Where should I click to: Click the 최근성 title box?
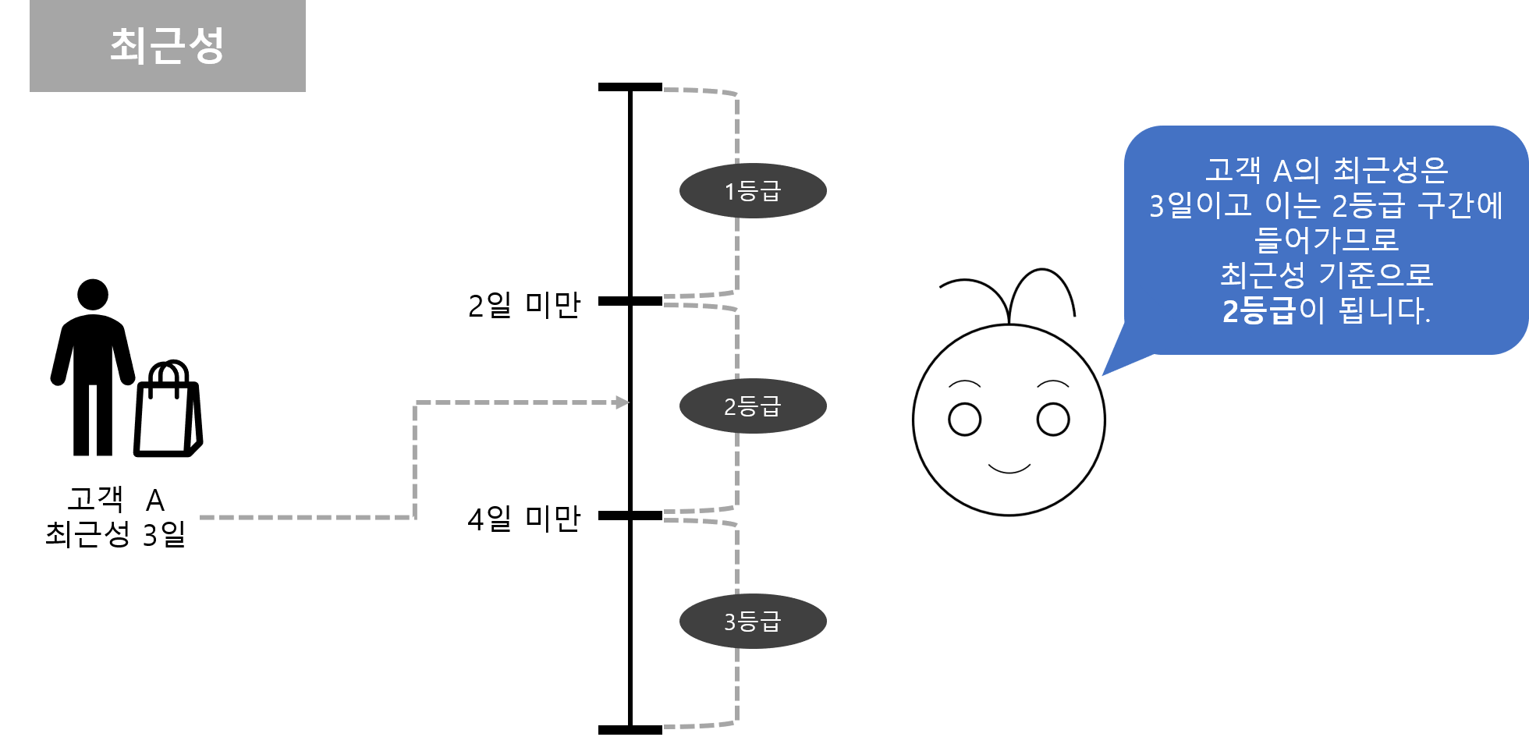click(x=168, y=46)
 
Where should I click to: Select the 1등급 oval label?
click(x=753, y=191)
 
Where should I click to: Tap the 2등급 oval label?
click(x=753, y=406)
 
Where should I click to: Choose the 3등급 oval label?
click(x=753, y=622)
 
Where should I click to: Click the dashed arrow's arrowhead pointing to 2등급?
click(x=622, y=402)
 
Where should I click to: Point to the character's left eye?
click(x=964, y=420)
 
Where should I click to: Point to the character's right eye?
click(x=1053, y=419)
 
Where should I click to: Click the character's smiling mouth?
click(x=1009, y=469)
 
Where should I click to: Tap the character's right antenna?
click(x=1045, y=281)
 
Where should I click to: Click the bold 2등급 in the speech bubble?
click(x=1258, y=311)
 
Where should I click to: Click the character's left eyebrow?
click(x=964, y=383)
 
